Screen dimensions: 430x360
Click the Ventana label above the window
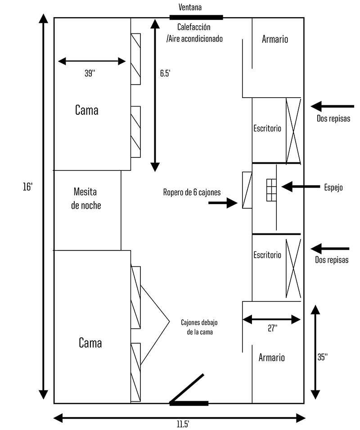[x=190, y=7]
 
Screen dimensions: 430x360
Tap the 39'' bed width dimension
[x=90, y=73]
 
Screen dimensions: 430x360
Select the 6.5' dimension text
[x=165, y=73]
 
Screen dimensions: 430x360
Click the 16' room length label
[x=27, y=187]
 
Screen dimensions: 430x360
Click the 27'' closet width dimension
[x=272, y=329]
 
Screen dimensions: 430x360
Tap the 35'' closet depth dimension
[x=322, y=357]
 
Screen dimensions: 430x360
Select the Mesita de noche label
[x=87, y=199]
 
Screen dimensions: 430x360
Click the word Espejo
[x=333, y=188]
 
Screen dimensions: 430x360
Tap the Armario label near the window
[x=274, y=39]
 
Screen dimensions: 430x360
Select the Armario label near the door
[x=271, y=358]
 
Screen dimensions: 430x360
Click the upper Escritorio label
[x=267, y=128]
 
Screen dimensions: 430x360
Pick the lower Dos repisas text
[x=332, y=260]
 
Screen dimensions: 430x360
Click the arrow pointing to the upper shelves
[x=330, y=107]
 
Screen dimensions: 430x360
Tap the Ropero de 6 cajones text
[x=192, y=193]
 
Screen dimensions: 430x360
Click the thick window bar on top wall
[x=196, y=18]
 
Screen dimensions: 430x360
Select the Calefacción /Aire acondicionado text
[x=194, y=33]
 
